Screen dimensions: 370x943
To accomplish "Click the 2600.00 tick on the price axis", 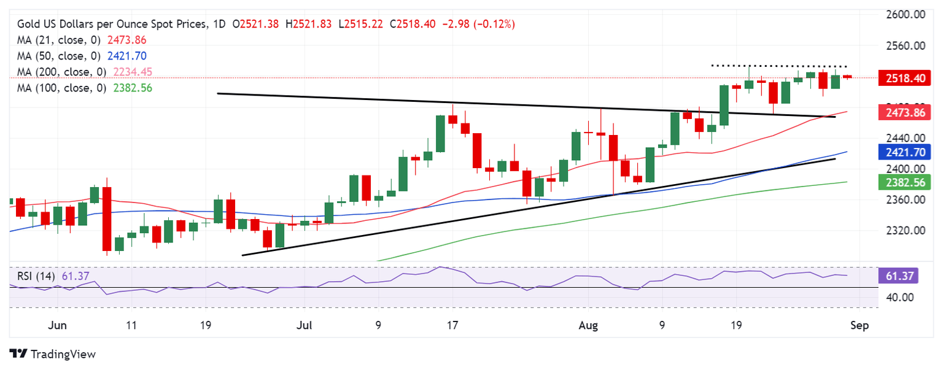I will (906, 14).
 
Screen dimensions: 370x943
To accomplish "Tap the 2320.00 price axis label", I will (906, 231).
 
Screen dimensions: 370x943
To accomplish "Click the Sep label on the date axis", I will (860, 325).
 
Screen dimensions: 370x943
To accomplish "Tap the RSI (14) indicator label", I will (36, 276).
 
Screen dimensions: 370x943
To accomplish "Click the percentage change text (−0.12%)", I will (494, 24).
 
